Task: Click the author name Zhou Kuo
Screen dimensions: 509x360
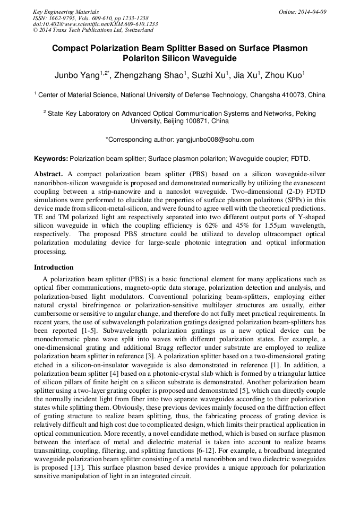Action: tap(285, 75)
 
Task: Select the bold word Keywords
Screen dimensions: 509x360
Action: tap(50, 159)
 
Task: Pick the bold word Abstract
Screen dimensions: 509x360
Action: tap(48, 174)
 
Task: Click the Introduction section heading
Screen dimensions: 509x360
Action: tap(54, 267)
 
